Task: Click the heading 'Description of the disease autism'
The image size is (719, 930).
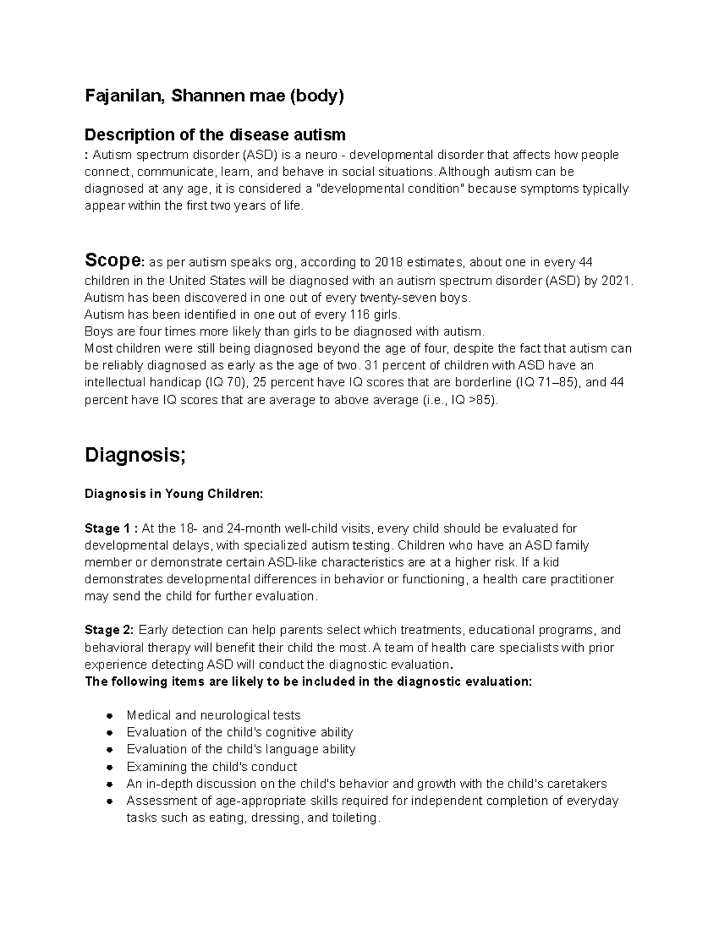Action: tap(215, 134)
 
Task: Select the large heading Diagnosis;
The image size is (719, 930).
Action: tap(135, 455)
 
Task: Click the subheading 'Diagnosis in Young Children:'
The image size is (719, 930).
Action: tap(173, 495)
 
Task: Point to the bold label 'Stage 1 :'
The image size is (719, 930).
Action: tap(111, 529)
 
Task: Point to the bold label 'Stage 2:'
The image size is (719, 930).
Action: tap(110, 631)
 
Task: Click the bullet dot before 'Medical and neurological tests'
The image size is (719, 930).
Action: tap(110, 716)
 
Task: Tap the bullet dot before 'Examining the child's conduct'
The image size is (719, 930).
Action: tap(110, 767)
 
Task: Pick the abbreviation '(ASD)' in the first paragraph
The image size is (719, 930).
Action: tap(259, 156)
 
